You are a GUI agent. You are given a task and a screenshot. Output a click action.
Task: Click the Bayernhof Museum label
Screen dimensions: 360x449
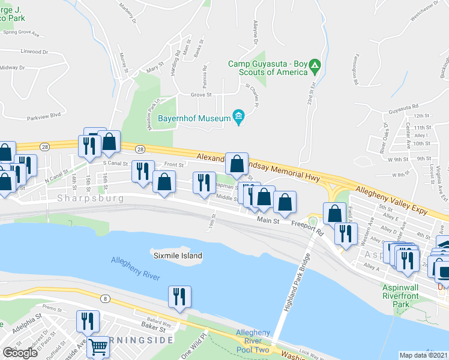pos(194,118)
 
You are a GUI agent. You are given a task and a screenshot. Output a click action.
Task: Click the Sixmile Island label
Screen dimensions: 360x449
pos(177,256)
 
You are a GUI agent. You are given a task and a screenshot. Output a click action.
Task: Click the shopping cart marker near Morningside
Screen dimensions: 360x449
pos(97,346)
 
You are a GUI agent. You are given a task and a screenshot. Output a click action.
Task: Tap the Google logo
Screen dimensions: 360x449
pos(19,352)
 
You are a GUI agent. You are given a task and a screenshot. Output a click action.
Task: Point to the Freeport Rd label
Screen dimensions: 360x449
pos(307,226)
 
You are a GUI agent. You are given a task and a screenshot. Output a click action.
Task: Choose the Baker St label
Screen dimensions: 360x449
pos(152,328)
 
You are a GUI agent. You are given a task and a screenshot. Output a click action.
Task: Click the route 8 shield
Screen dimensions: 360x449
pos(106,298)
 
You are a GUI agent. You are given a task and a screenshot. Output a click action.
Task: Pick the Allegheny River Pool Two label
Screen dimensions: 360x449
pos(253,340)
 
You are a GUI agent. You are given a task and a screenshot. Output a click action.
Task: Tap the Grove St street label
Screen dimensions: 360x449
pos(201,95)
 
